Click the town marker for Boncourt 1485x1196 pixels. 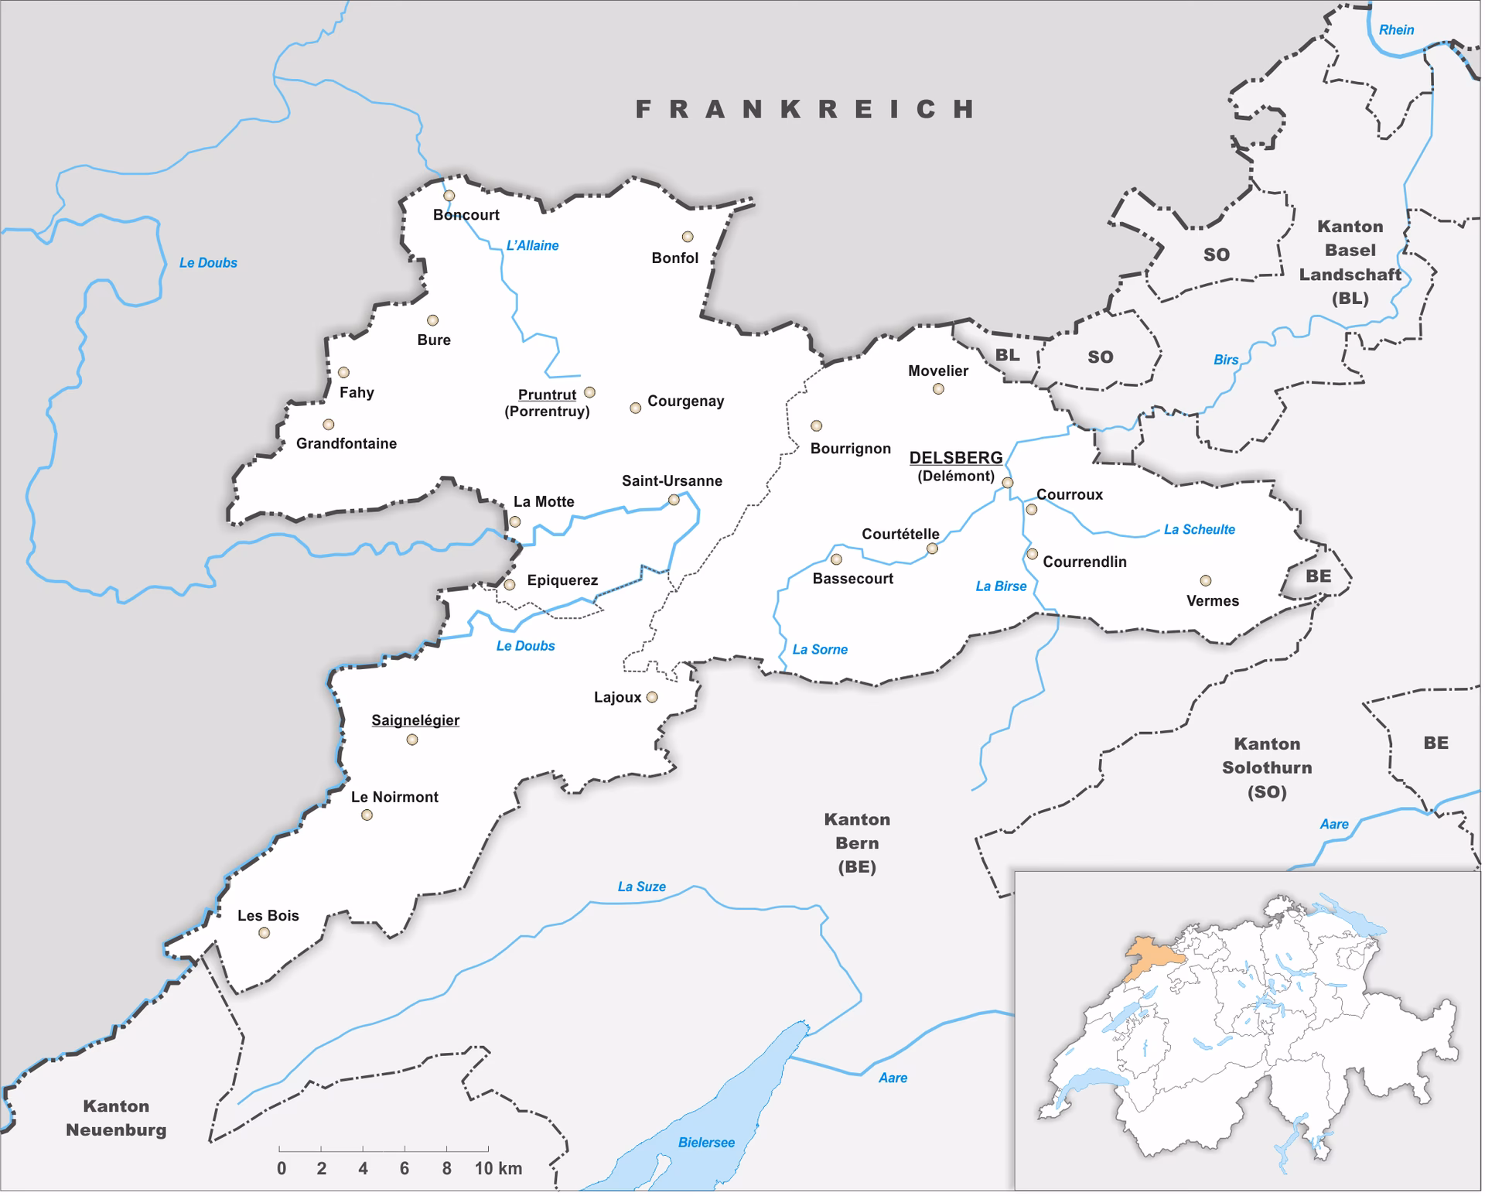click(x=449, y=196)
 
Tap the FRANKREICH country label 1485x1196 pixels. click(x=805, y=109)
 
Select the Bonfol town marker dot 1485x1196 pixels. click(x=687, y=237)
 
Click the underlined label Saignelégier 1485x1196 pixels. click(x=415, y=720)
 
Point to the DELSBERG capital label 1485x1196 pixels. click(x=955, y=458)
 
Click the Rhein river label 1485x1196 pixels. click(x=1396, y=30)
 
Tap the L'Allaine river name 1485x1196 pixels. click(x=532, y=246)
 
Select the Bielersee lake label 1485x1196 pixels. click(x=705, y=1143)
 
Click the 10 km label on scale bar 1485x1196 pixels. click(x=498, y=1169)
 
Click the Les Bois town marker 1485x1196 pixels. click(x=265, y=933)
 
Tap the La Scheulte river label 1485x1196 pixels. click(x=1199, y=530)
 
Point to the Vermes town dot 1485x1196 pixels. click(x=1205, y=581)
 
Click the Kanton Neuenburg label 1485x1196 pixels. click(x=116, y=1118)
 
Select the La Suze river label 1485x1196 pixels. click(x=641, y=887)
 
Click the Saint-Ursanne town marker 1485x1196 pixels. click(x=674, y=501)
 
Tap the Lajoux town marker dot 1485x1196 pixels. click(x=652, y=698)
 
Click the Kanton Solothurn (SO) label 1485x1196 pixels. click(x=1266, y=767)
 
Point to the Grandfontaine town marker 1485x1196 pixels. click(x=329, y=425)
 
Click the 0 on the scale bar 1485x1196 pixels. click(x=282, y=1169)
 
